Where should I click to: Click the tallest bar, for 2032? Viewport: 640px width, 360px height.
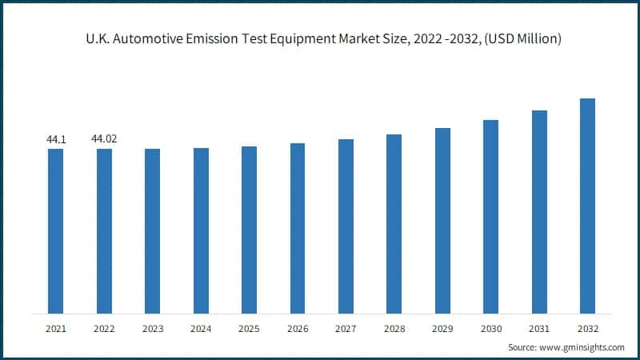pos(587,206)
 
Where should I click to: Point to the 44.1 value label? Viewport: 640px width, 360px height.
pos(56,140)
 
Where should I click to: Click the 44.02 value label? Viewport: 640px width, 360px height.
pos(104,139)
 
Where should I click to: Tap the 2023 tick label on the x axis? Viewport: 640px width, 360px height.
pos(152,328)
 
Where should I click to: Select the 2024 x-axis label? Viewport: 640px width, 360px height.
pos(201,328)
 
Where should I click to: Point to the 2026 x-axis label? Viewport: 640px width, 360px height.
pos(298,328)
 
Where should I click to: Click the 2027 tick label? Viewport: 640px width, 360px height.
pos(346,328)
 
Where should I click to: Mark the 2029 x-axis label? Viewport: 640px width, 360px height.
pos(442,328)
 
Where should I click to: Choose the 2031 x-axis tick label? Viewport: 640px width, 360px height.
pos(539,328)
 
